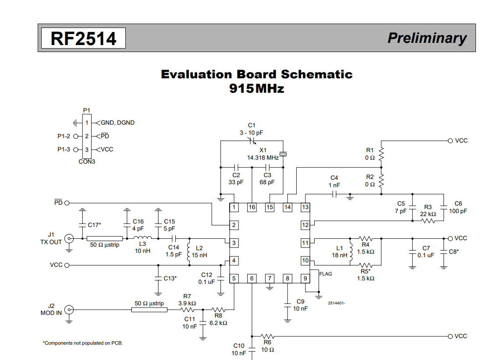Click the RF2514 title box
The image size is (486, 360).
click(83, 38)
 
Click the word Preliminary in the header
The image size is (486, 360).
click(427, 38)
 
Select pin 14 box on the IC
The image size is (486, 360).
click(287, 207)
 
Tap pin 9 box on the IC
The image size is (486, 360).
click(305, 278)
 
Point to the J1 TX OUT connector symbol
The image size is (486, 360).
click(69, 238)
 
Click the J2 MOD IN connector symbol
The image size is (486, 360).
click(69, 310)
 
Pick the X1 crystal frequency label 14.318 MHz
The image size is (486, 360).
click(263, 157)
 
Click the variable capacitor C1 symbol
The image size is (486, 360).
click(252, 141)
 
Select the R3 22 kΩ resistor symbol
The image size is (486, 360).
click(428, 221)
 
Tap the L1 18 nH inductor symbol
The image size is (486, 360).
click(351, 252)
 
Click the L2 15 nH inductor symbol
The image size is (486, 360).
click(189, 252)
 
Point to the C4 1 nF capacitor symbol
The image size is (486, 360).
click(335, 194)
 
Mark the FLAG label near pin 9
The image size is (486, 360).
click(326, 274)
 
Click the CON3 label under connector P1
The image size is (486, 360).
click(87, 161)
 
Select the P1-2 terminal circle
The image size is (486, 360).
click(75, 136)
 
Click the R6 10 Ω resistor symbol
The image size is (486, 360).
click(267, 336)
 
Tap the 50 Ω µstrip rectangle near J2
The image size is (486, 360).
click(149, 310)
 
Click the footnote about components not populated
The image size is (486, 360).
click(83, 343)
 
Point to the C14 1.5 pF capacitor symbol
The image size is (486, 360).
click(174, 238)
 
